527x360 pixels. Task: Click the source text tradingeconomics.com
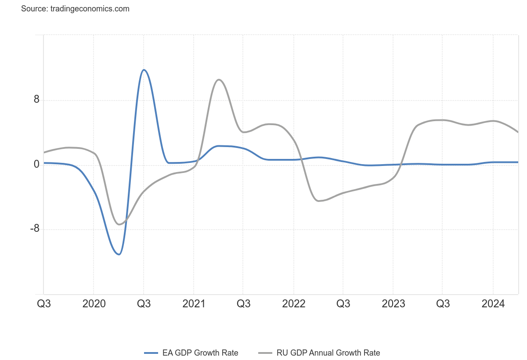click(75, 9)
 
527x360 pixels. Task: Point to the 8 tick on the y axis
click(36, 100)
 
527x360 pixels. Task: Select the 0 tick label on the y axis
click(37, 165)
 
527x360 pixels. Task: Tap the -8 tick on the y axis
click(34, 229)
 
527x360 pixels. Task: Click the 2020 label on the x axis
click(94, 304)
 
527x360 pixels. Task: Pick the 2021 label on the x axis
click(194, 304)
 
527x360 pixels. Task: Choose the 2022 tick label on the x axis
click(294, 304)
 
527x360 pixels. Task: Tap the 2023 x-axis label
click(393, 304)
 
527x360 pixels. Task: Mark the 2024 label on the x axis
click(493, 304)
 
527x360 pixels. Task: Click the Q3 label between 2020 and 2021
click(144, 304)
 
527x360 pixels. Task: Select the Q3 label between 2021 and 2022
click(244, 304)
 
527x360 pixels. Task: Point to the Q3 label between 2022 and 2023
click(343, 304)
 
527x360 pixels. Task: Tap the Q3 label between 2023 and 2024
click(443, 304)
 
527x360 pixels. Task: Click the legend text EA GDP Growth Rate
click(200, 353)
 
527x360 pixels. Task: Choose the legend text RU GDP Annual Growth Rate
click(328, 353)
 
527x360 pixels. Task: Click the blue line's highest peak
click(144, 70)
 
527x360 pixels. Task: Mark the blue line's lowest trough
click(119, 254)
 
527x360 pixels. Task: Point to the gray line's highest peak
click(219, 79)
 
